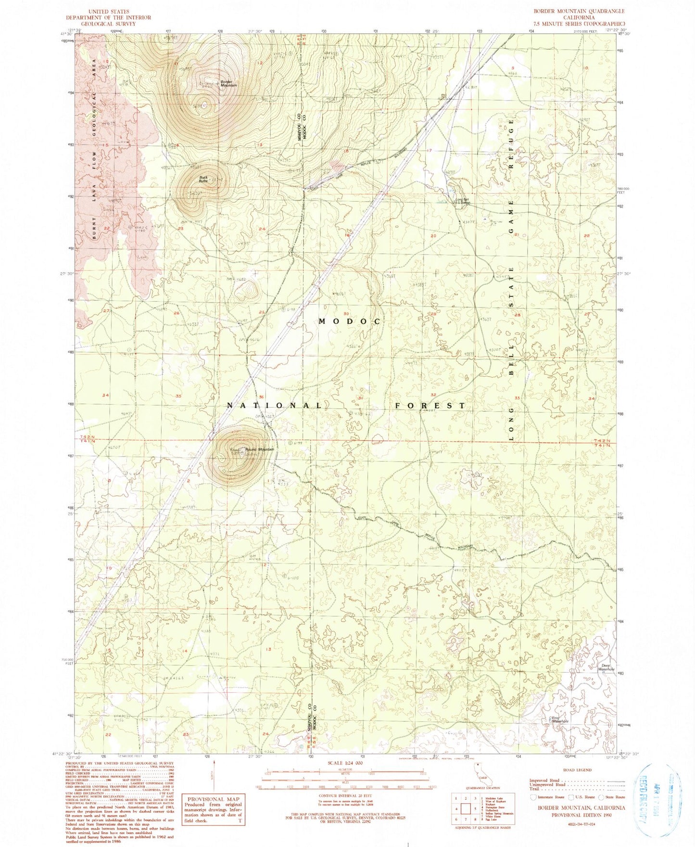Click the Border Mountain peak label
(x=228, y=83)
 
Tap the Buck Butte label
(x=203, y=180)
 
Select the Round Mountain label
(x=260, y=449)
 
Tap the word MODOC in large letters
(x=351, y=321)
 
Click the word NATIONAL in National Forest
(x=274, y=406)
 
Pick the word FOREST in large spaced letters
(x=430, y=406)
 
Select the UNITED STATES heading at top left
(x=109, y=11)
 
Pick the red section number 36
(x=262, y=397)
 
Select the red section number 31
(x=360, y=398)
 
